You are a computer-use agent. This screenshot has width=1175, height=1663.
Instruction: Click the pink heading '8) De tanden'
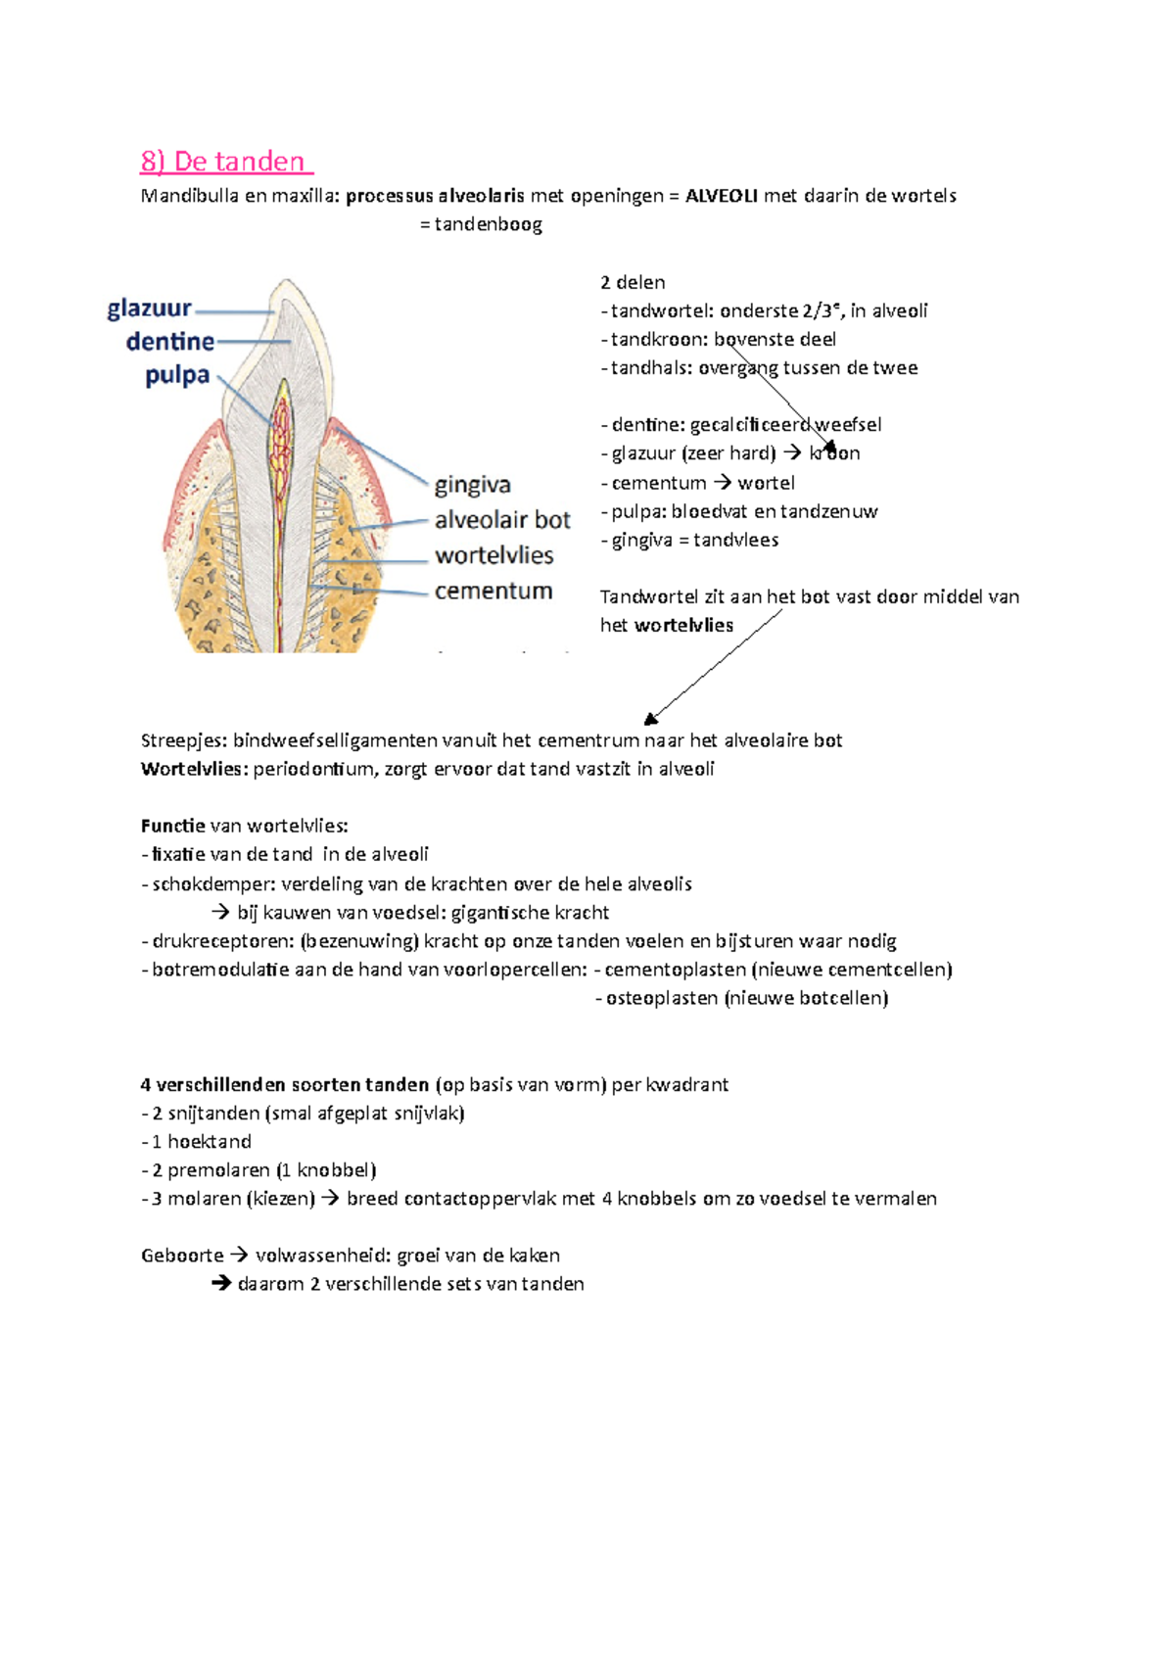pos(225,162)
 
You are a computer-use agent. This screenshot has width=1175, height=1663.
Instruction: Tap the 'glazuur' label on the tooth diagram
pos(150,309)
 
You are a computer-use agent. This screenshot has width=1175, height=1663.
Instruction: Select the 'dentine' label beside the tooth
pos(170,342)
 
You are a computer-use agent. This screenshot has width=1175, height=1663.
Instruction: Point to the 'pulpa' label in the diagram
pos(177,375)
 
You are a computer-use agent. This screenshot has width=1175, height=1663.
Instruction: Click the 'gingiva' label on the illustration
pos(473,485)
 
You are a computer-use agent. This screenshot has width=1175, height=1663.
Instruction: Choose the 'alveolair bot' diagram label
pos(502,520)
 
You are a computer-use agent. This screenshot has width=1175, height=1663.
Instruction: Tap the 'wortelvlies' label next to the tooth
pos(494,555)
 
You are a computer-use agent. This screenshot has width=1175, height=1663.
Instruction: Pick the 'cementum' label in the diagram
pos(493,591)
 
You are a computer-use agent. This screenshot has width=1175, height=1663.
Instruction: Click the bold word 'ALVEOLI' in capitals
pos(722,196)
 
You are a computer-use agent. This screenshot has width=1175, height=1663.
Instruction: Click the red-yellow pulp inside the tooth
pos(282,431)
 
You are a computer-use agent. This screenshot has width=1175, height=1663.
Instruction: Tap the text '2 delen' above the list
pos(633,282)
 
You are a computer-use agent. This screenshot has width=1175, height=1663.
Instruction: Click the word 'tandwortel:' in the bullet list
pos(661,311)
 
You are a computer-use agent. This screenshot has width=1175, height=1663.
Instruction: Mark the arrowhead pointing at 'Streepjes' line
pos(651,719)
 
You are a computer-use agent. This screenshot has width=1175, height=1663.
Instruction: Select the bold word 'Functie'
pos(173,826)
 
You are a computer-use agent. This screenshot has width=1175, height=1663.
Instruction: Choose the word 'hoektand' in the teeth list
pos(210,1142)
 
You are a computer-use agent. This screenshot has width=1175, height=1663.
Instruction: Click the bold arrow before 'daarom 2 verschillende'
pos(221,1284)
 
